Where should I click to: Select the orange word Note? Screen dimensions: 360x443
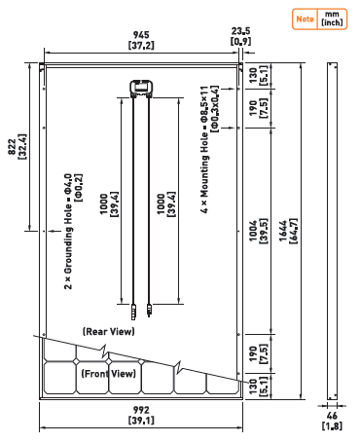point(305,19)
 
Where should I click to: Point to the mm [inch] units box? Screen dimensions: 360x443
point(332,19)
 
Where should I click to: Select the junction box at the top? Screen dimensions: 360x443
point(142,89)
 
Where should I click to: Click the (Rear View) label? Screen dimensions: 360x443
point(108,332)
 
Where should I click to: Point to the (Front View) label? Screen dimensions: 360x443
point(108,374)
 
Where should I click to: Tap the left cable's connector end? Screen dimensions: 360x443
point(133,312)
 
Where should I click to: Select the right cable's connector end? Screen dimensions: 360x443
point(149,311)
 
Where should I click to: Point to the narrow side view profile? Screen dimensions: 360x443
point(332,231)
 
